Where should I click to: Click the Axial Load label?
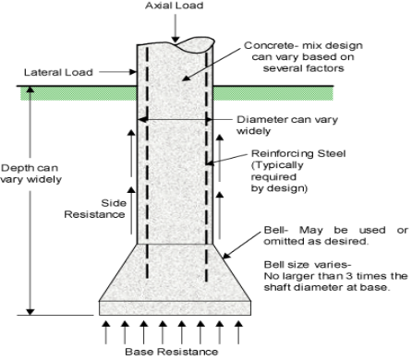click(175, 6)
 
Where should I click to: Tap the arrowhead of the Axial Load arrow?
click(176, 40)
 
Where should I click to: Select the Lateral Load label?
click(58, 72)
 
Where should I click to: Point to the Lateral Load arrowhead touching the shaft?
click(133, 72)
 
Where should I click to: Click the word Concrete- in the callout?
click(267, 45)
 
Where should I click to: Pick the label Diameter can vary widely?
click(287, 125)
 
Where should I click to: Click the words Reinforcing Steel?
click(298, 153)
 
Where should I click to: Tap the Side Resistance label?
click(95, 209)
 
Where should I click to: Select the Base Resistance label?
click(172, 352)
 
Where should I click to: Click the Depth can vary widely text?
click(30, 174)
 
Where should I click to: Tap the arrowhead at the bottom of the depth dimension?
click(30, 312)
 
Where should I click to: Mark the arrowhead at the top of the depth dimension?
click(30, 90)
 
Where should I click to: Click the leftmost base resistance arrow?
click(106, 332)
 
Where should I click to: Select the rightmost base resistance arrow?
click(238, 332)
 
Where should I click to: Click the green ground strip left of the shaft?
click(79, 93)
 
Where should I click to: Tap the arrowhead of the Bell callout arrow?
click(226, 256)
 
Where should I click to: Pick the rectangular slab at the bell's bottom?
click(175, 308)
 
